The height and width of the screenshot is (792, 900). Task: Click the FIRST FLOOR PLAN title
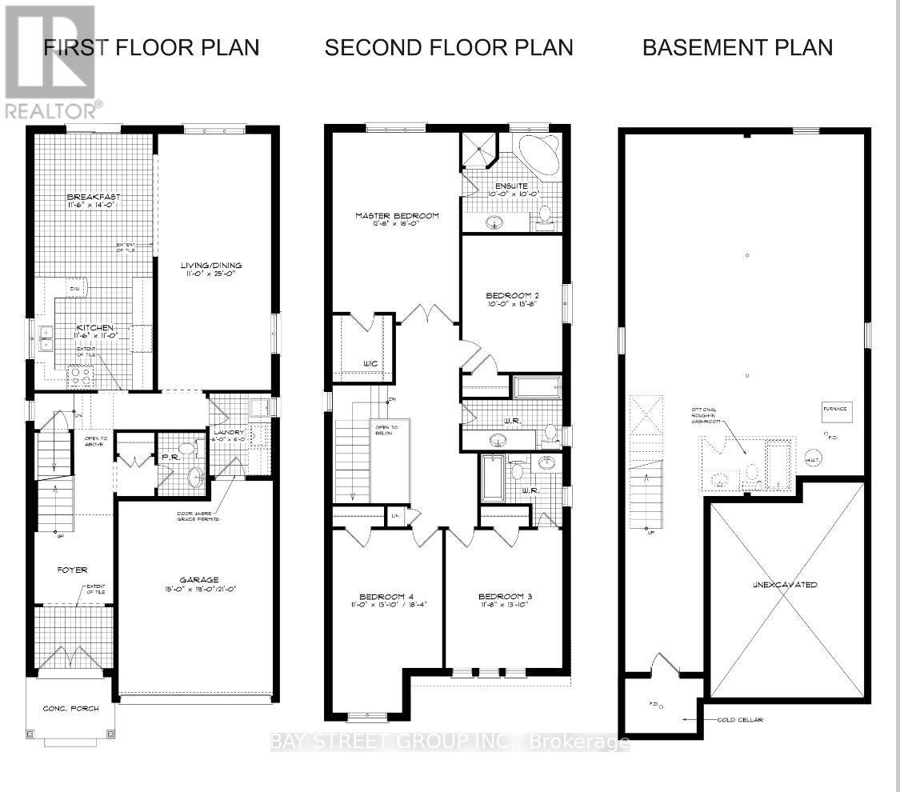152,47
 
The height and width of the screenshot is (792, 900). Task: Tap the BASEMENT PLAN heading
738,47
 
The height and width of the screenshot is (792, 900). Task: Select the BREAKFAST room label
94,198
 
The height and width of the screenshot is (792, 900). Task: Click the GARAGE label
199,580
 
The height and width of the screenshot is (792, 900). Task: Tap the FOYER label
71,570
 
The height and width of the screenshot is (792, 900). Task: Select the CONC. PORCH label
70,708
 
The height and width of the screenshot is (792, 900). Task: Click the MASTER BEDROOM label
398,216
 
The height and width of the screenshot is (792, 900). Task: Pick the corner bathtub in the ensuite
539,154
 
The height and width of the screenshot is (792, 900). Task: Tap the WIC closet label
370,364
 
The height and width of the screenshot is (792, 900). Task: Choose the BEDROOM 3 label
505,596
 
